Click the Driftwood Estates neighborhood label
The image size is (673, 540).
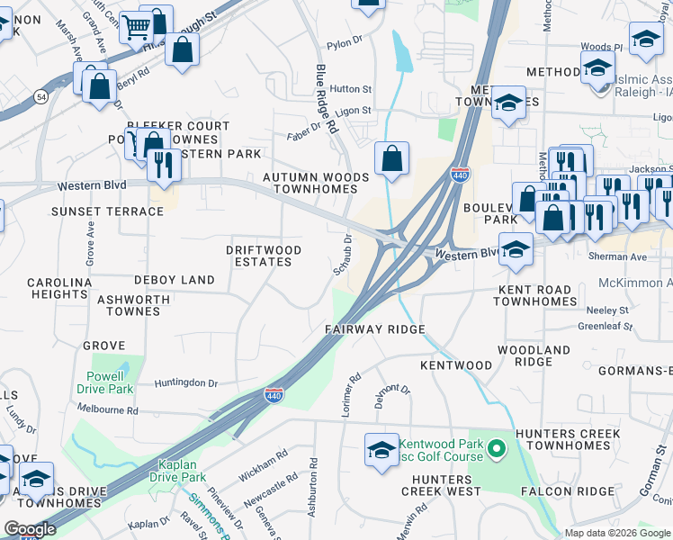click(263, 256)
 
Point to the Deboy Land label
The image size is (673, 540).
click(175, 280)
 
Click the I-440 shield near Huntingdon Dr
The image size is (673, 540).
click(274, 394)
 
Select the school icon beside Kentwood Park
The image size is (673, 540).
click(381, 449)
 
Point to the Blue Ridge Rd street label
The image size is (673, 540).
click(325, 99)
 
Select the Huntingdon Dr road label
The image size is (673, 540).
click(186, 382)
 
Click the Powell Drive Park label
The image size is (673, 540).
click(110, 382)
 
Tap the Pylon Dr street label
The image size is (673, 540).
click(344, 41)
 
